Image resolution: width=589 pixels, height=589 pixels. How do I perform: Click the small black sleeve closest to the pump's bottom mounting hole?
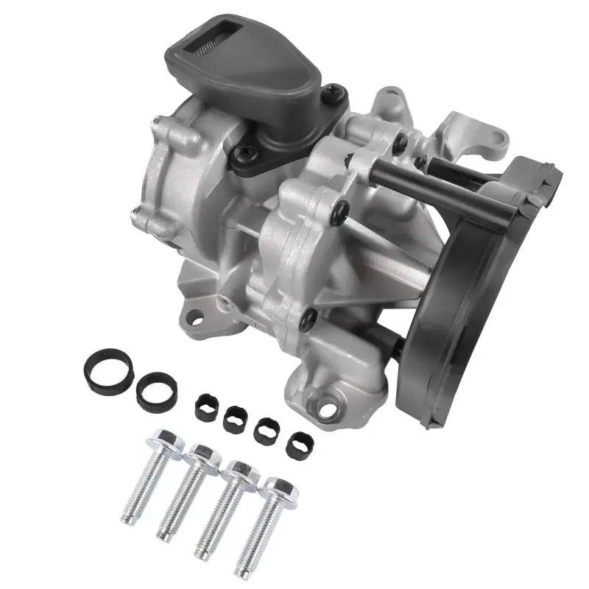[x=299, y=444]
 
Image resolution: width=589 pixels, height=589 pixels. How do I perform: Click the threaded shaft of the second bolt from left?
[x=180, y=501]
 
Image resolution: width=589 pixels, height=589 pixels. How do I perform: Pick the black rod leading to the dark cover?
[x=442, y=181]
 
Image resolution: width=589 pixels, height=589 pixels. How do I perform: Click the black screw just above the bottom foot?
[x=309, y=319]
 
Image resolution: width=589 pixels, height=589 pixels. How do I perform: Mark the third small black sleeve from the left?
[x=266, y=431]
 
